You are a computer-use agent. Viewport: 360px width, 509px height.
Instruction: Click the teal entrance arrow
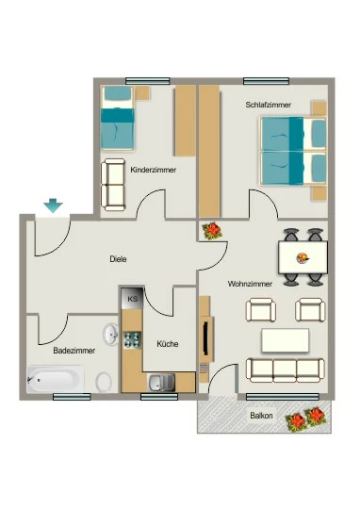[x=53, y=205]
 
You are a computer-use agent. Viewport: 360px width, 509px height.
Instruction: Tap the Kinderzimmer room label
[x=154, y=170]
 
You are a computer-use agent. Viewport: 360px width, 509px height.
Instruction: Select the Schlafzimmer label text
[x=269, y=105]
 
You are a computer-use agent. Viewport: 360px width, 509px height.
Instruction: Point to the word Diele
[x=118, y=259]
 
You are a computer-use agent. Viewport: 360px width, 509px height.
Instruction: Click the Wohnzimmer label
[x=250, y=284]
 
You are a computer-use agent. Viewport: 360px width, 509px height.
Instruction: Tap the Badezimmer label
[x=74, y=351]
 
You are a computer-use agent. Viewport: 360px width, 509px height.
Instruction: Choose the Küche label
[x=168, y=344]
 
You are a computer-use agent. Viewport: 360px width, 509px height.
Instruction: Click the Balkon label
[x=261, y=416]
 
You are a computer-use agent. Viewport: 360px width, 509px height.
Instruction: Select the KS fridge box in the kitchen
[x=132, y=298]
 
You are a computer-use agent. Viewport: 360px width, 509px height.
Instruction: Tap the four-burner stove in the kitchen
[x=133, y=340]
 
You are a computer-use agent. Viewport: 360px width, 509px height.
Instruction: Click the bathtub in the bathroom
[x=56, y=379]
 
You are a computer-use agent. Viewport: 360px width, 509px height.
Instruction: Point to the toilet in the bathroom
[x=104, y=382]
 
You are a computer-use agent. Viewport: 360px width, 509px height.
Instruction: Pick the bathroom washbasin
[x=111, y=334]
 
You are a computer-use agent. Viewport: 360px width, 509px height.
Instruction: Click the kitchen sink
[x=161, y=383]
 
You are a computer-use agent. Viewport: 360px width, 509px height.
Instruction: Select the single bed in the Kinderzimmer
[x=117, y=118]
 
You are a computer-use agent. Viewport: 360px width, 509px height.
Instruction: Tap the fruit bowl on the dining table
[x=303, y=258]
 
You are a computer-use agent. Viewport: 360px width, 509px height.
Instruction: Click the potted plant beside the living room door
[x=212, y=231]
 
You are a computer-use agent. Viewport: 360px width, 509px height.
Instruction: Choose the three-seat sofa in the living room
[x=285, y=370]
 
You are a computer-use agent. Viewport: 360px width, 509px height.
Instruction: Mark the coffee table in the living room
[x=285, y=340]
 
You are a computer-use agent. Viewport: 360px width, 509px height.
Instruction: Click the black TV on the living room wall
[x=205, y=338]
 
